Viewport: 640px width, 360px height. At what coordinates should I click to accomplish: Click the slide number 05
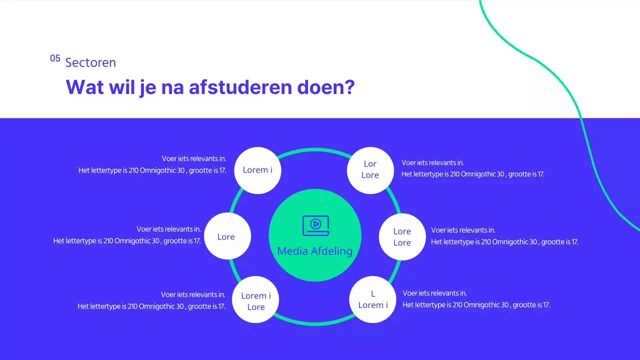55,58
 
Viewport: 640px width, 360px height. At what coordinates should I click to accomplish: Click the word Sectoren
90,62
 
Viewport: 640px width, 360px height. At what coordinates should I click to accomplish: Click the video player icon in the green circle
315,225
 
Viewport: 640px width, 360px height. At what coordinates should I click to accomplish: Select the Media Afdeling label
314,251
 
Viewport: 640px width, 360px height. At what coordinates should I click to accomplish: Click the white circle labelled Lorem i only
257,170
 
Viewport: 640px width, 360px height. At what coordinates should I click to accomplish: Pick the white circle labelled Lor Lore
370,170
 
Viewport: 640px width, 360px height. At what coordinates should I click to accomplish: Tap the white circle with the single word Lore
227,236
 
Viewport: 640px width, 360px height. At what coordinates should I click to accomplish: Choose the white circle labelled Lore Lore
402,237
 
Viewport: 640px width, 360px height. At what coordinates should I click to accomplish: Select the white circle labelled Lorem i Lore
255,300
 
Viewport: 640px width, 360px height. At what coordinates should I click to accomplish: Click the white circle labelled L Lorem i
372,299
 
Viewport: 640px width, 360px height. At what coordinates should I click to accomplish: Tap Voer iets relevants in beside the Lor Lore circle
432,162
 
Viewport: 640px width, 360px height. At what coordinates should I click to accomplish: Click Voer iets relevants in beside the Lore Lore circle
463,230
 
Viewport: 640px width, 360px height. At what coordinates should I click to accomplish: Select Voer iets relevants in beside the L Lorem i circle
434,293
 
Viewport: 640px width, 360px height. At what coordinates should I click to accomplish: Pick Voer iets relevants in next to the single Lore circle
169,229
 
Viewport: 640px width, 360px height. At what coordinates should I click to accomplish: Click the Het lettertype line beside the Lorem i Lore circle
151,306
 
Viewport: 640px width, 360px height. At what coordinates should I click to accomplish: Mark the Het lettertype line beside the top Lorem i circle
152,170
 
